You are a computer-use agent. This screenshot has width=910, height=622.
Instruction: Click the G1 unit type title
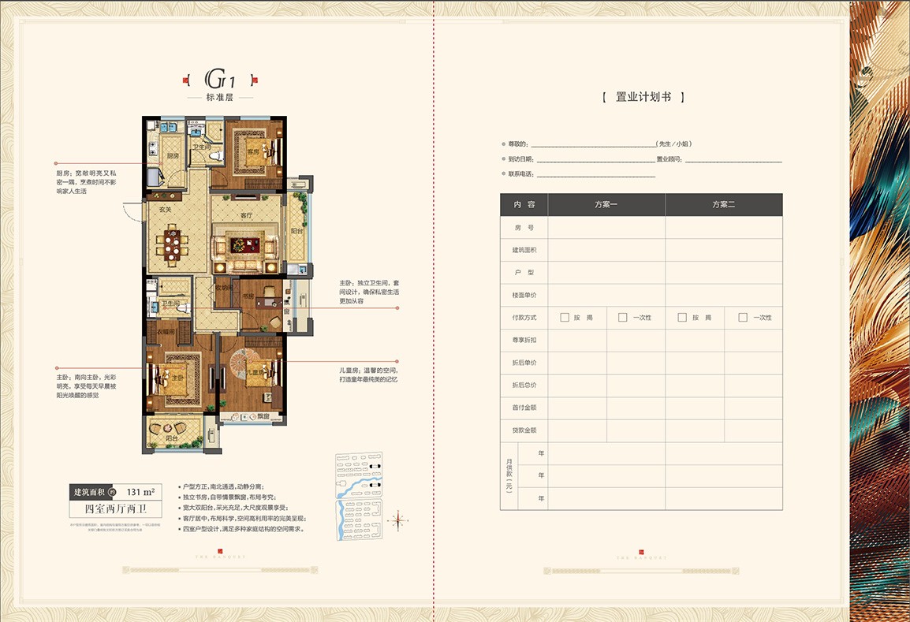(220, 79)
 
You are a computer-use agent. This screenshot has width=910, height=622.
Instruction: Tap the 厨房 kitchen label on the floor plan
(172, 156)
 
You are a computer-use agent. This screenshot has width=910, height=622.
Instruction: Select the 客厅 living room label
(245, 215)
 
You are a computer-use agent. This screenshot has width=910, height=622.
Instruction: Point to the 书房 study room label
(248, 296)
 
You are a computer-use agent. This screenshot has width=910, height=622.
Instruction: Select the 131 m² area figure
(140, 492)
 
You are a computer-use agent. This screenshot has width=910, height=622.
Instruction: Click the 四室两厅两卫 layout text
(116, 509)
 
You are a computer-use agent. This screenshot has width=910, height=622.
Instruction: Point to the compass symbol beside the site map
(397, 519)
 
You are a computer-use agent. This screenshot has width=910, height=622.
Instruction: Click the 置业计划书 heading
(643, 98)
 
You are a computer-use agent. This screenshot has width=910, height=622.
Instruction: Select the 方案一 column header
(606, 204)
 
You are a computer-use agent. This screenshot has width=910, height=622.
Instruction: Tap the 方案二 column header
(723, 204)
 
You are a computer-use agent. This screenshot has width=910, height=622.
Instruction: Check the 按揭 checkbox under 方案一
(564, 318)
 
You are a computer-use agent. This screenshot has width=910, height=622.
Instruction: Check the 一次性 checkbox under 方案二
(742, 318)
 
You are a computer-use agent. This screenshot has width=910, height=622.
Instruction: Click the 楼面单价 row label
(524, 295)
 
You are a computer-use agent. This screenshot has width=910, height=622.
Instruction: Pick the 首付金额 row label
(524, 408)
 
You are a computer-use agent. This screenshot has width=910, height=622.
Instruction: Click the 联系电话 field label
(522, 174)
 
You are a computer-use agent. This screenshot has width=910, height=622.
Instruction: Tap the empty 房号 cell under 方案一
(606, 227)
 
